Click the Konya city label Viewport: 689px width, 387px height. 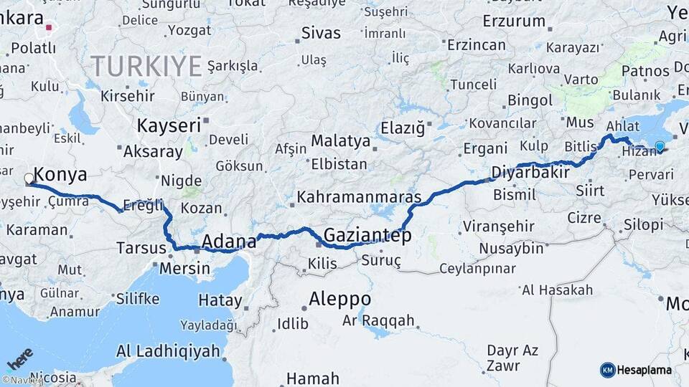pyautogui.click(x=60, y=174)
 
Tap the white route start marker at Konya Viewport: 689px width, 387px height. pyautogui.click(x=29, y=178)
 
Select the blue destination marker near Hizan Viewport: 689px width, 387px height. pyautogui.click(x=660, y=147)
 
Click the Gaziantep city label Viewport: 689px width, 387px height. pyautogui.click(x=367, y=235)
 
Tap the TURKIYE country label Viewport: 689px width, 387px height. pyautogui.click(x=146, y=67)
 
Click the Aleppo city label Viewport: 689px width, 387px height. pyautogui.click(x=340, y=299)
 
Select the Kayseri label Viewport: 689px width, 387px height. pyautogui.click(x=169, y=125)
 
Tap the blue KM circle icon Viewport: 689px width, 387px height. pyautogui.click(x=607, y=370)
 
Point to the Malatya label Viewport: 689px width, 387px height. pyautogui.click(x=340, y=140)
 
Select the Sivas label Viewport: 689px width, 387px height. pyautogui.click(x=321, y=32)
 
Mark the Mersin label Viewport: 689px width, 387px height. pyautogui.click(x=185, y=269)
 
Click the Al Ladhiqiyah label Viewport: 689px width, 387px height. pyautogui.click(x=168, y=351)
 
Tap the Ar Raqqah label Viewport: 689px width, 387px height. pyautogui.click(x=378, y=320)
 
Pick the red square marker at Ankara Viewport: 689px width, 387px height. pyautogui.click(x=49, y=29)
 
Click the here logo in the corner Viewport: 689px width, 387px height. pyautogui.click(x=20, y=358)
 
